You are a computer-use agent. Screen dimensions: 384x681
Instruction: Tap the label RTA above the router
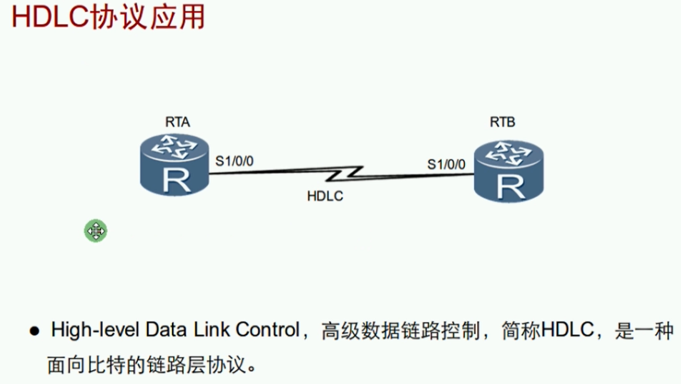coord(177,122)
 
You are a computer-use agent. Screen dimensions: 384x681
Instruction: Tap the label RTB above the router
coord(502,122)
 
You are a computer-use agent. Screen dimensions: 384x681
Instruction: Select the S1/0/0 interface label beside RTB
coord(446,164)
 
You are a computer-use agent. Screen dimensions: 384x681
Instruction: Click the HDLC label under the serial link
coord(325,196)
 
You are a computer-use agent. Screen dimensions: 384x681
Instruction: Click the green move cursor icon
coord(95,231)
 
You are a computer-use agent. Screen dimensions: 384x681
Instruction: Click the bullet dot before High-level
coord(34,331)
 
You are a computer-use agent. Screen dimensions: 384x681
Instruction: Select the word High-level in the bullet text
coord(95,330)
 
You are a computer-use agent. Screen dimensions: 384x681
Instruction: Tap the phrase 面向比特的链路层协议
coord(147,365)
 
